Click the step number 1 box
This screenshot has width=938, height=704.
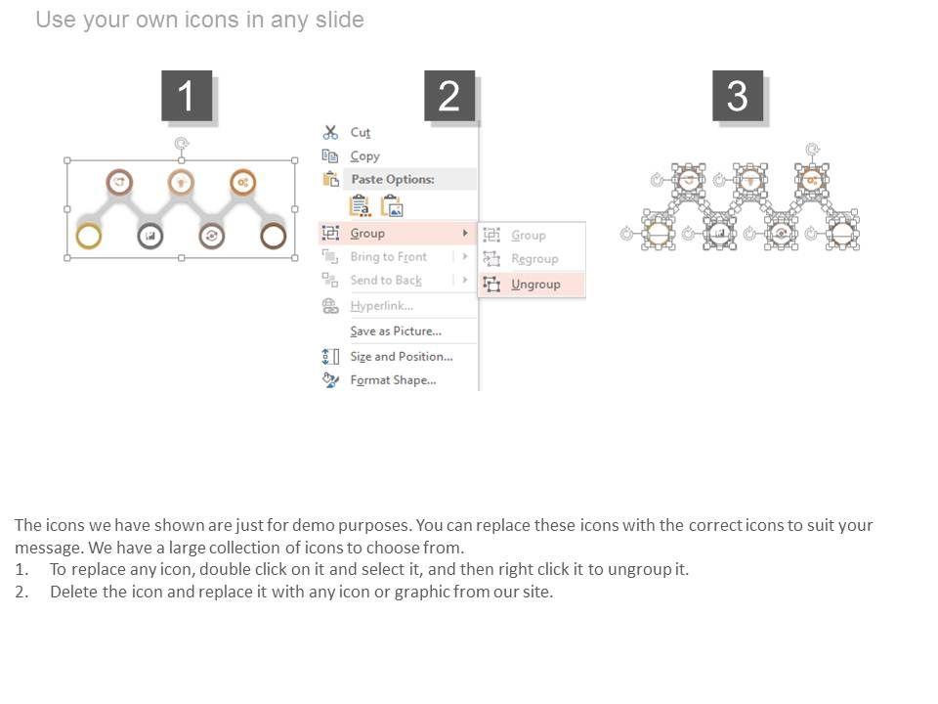click(187, 96)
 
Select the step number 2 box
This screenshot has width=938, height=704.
click(449, 96)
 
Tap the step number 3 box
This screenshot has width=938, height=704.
click(738, 96)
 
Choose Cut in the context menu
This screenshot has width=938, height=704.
click(361, 132)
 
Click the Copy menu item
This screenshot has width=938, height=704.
click(364, 156)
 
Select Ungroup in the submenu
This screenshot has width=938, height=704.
click(535, 285)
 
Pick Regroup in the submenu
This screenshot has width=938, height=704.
click(534, 259)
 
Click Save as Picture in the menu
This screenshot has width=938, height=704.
click(396, 331)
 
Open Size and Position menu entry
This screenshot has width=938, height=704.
click(402, 356)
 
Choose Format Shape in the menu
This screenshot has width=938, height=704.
click(393, 380)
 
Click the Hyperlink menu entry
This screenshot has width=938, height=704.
click(382, 306)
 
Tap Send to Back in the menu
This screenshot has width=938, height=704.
click(386, 281)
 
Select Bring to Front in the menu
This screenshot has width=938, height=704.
click(388, 257)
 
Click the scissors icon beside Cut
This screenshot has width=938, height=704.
click(330, 132)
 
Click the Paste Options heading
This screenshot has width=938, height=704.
click(393, 179)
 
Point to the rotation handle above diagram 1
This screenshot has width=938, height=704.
click(182, 144)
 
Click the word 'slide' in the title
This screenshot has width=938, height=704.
click(339, 20)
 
